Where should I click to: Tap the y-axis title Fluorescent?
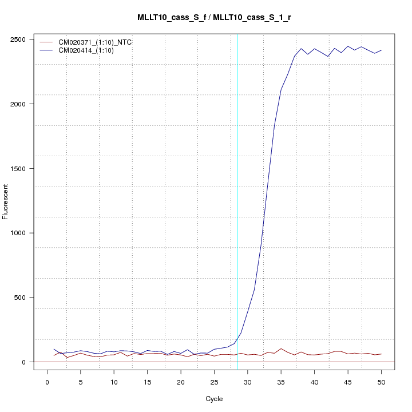click(6, 201)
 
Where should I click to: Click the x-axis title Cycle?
click(214, 399)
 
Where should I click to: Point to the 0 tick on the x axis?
click(47, 382)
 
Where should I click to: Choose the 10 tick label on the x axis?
click(114, 382)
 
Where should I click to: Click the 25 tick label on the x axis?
click(214, 382)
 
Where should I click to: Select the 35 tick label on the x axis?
click(281, 382)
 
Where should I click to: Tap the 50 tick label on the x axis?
click(381, 382)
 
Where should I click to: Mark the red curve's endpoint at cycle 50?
click(381, 354)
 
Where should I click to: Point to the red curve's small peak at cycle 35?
click(281, 348)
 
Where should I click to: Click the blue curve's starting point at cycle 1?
click(54, 349)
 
